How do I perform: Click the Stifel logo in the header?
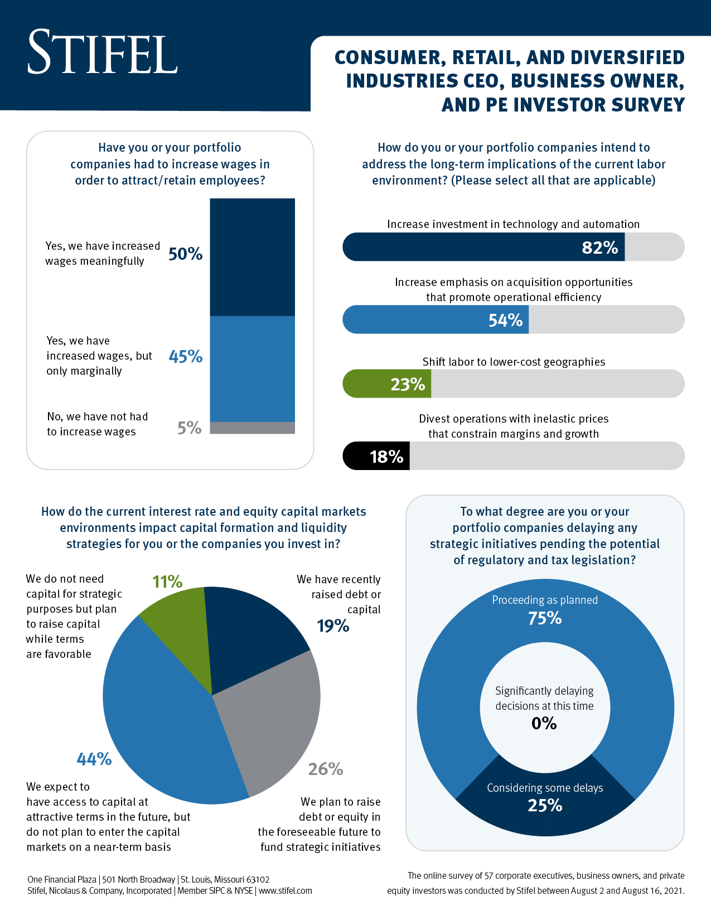[x=103, y=52]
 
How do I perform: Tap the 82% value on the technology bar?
[x=599, y=248]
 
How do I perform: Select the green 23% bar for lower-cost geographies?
[x=387, y=384]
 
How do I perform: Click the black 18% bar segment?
[x=376, y=457]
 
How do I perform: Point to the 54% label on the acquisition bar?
[x=505, y=320]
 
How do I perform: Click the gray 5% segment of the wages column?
[x=252, y=428]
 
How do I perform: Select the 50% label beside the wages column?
[x=185, y=254]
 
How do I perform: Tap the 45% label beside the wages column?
[x=185, y=357]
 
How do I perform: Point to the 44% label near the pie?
[x=94, y=759]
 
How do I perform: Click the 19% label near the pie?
[x=333, y=626]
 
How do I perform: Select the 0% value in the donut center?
[x=544, y=724]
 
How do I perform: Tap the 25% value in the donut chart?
[x=545, y=805]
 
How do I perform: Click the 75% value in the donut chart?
[x=545, y=618]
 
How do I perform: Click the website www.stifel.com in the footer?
[x=285, y=891]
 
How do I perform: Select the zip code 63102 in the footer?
[x=258, y=879]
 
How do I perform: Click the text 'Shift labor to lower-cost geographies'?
[x=514, y=362]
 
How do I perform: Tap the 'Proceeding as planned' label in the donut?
[x=544, y=600]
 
